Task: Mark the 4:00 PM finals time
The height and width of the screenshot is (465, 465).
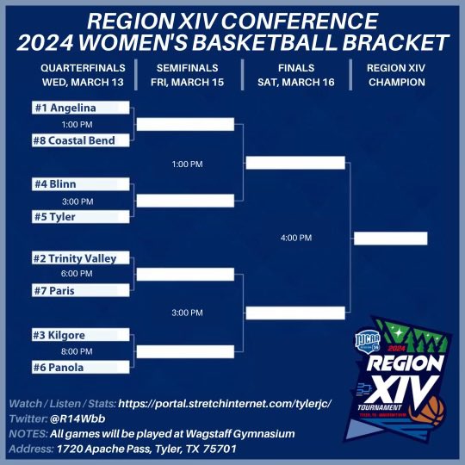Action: [295, 238]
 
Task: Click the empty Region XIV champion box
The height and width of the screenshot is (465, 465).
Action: [390, 239]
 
